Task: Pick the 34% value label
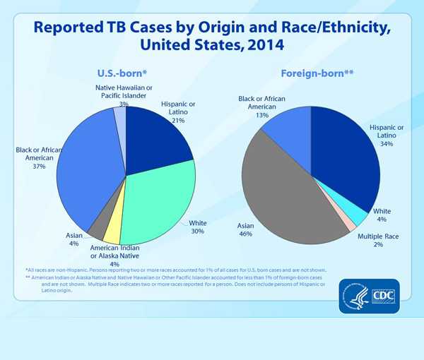[387, 143]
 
